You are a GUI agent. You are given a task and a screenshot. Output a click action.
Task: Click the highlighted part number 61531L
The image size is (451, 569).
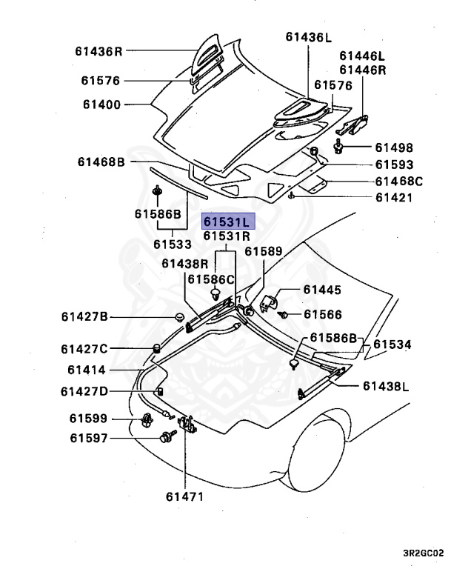click(228, 222)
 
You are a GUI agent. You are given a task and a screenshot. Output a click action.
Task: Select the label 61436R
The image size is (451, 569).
click(98, 51)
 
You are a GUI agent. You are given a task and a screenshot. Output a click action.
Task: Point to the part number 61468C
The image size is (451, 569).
click(398, 181)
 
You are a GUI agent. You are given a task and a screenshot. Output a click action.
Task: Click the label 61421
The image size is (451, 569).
click(393, 198)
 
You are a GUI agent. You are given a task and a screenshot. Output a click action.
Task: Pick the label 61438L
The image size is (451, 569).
click(386, 386)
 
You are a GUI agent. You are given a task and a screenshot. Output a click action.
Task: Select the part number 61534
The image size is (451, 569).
click(392, 345)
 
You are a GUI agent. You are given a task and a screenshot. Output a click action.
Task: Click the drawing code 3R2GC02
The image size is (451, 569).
click(423, 552)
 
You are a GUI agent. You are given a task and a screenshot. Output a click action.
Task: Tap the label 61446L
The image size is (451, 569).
click(363, 56)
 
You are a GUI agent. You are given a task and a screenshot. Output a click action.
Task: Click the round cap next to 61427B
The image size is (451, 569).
click(178, 318)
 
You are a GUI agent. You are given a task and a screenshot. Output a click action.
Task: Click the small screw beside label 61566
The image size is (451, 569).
click(284, 315)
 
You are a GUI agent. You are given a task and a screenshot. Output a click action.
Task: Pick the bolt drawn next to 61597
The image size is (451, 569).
click(164, 438)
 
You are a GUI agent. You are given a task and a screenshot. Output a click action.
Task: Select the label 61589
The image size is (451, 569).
click(264, 252)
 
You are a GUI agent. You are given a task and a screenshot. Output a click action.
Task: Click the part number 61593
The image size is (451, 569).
click(393, 164)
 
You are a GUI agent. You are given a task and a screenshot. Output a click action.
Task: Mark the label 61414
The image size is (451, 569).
click(87, 370)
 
